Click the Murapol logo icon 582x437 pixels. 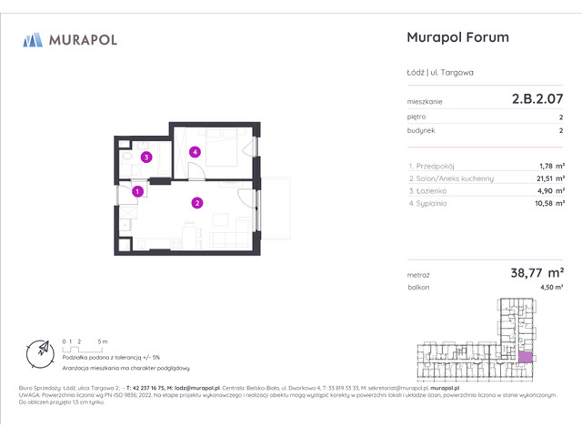33,39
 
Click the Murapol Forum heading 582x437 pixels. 456,37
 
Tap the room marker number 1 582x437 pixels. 136,191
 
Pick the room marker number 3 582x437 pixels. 146,157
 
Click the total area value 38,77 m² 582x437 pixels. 535,271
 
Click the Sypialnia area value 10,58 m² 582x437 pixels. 548,204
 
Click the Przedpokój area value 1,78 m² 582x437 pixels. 551,166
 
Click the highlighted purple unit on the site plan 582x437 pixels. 526,356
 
